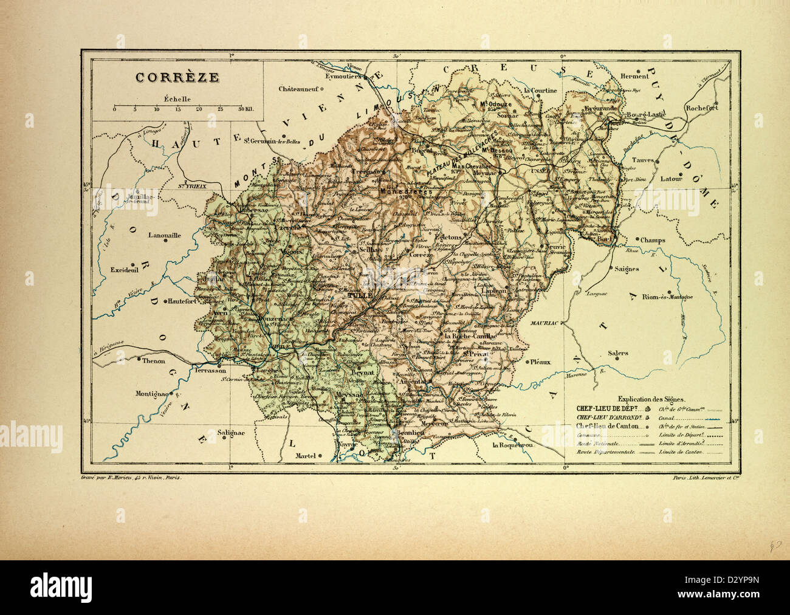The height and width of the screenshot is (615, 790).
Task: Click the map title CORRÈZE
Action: click(x=161, y=77)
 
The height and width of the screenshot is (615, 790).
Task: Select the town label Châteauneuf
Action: click(x=299, y=89)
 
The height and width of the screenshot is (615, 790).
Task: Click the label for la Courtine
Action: click(x=540, y=91)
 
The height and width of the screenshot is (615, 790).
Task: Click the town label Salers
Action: click(x=618, y=352)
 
